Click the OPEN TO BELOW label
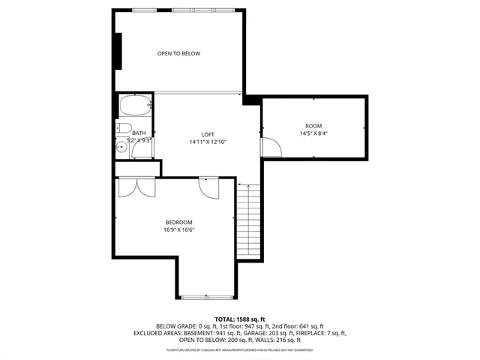tap(178, 53)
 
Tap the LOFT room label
tap(208, 134)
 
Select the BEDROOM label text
tap(179, 223)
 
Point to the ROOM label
tap(313, 126)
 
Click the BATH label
tap(139, 133)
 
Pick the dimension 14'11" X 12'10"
tap(208, 142)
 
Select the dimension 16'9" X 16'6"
tap(179, 230)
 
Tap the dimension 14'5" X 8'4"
tap(313, 133)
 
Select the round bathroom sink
tap(121, 147)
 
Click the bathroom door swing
tap(139, 149)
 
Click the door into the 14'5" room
tap(270, 147)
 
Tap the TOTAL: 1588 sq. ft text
tap(239, 319)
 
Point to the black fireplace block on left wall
tap(117, 52)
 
